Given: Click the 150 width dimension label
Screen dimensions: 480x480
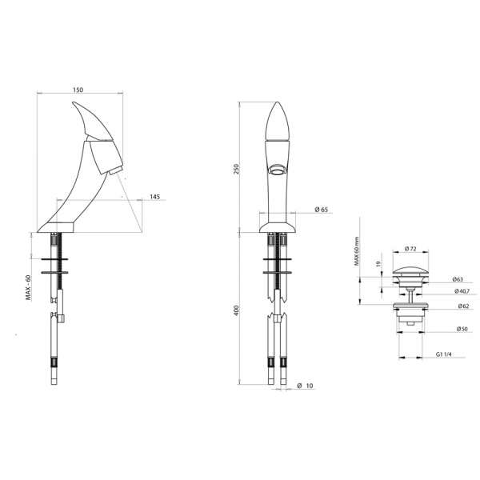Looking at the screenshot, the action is (x=78, y=90).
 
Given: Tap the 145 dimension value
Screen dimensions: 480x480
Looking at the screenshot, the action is (x=155, y=197).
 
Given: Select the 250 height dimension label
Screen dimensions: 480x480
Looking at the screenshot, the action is (x=236, y=170).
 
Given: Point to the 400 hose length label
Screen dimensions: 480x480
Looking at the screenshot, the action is (x=236, y=310).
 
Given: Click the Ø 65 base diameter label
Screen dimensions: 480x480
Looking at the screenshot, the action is (x=321, y=210).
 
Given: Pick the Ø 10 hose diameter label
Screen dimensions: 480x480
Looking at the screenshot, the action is (x=306, y=386).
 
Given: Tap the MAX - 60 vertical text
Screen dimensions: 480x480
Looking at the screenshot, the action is (x=29, y=287).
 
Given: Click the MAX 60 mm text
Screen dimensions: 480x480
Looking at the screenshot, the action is (x=357, y=251).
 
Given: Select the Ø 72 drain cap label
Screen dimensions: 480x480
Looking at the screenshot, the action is (x=410, y=249).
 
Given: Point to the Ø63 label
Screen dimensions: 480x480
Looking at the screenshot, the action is (x=458, y=279).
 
